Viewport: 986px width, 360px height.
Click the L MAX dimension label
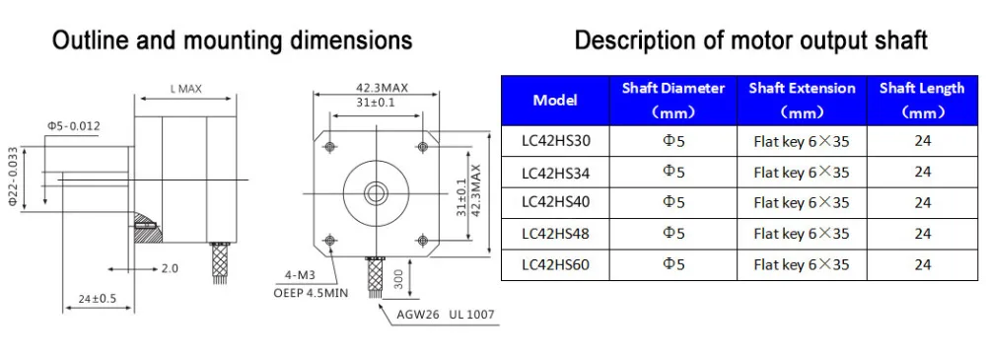click(x=186, y=90)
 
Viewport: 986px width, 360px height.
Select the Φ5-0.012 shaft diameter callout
click(x=73, y=126)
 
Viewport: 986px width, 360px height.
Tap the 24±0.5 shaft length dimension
click(x=97, y=298)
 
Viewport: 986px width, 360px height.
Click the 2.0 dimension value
click(x=170, y=268)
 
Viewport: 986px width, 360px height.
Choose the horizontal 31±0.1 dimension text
click(x=376, y=103)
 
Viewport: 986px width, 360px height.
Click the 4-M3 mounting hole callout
click(x=299, y=274)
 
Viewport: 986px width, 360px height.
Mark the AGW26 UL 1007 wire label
click(x=446, y=315)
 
